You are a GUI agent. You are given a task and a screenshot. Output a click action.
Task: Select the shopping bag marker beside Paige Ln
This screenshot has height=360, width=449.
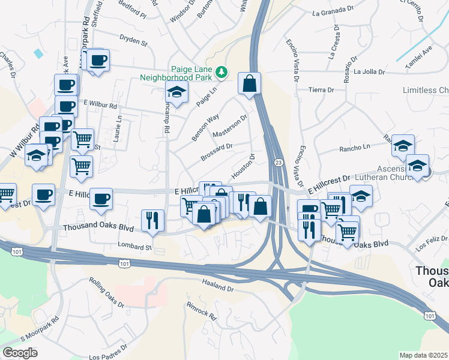(249, 84)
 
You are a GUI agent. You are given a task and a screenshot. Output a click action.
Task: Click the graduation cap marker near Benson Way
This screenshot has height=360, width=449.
(176, 92)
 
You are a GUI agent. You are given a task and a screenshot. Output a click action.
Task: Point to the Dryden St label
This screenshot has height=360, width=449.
(133, 43)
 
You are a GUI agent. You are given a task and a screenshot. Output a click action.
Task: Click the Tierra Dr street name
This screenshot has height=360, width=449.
(321, 90)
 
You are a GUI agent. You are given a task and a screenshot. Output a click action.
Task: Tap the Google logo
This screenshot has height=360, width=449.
(20, 353)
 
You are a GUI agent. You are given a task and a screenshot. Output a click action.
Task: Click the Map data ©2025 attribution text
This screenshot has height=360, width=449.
(423, 355)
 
